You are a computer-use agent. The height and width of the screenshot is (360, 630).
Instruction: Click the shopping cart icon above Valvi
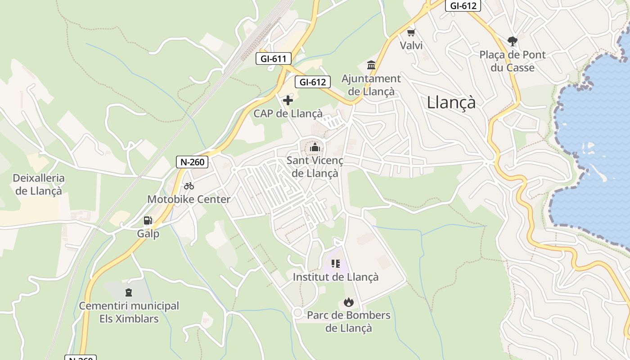point(411,33)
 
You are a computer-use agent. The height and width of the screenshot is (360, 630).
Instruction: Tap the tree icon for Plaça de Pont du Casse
point(512,41)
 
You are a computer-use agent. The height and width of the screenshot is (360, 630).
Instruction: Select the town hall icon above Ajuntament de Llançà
point(371,65)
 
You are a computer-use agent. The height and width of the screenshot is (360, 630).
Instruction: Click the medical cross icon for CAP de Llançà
point(288,100)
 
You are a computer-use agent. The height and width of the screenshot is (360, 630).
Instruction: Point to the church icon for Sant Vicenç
point(315,147)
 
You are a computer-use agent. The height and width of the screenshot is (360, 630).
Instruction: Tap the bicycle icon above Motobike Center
point(189,186)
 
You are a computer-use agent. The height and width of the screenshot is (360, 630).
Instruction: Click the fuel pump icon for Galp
point(148,220)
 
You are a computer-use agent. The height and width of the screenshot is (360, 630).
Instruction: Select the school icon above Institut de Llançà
point(336,264)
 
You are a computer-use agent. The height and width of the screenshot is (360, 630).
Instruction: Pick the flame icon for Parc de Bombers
point(348,302)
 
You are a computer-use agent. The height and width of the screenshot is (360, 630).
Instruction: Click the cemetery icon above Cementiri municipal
point(129,292)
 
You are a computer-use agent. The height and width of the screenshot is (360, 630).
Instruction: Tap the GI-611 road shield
point(274,58)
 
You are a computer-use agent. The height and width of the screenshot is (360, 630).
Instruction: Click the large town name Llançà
point(451,102)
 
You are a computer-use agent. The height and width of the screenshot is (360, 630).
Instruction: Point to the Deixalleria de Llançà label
point(39,184)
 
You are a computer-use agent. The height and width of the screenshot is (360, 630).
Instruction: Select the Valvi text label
point(411,45)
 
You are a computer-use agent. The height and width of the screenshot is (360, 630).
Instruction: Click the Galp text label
point(148,234)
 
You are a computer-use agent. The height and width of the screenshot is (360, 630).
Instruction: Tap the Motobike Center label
point(189,199)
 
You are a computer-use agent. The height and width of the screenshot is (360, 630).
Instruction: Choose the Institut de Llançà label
point(336,277)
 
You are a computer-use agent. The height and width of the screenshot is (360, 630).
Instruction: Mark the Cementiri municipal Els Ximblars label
point(129,312)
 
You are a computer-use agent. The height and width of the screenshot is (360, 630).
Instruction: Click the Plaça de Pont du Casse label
point(512,61)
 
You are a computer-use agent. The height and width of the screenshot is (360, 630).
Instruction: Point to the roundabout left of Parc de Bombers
point(297,312)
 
